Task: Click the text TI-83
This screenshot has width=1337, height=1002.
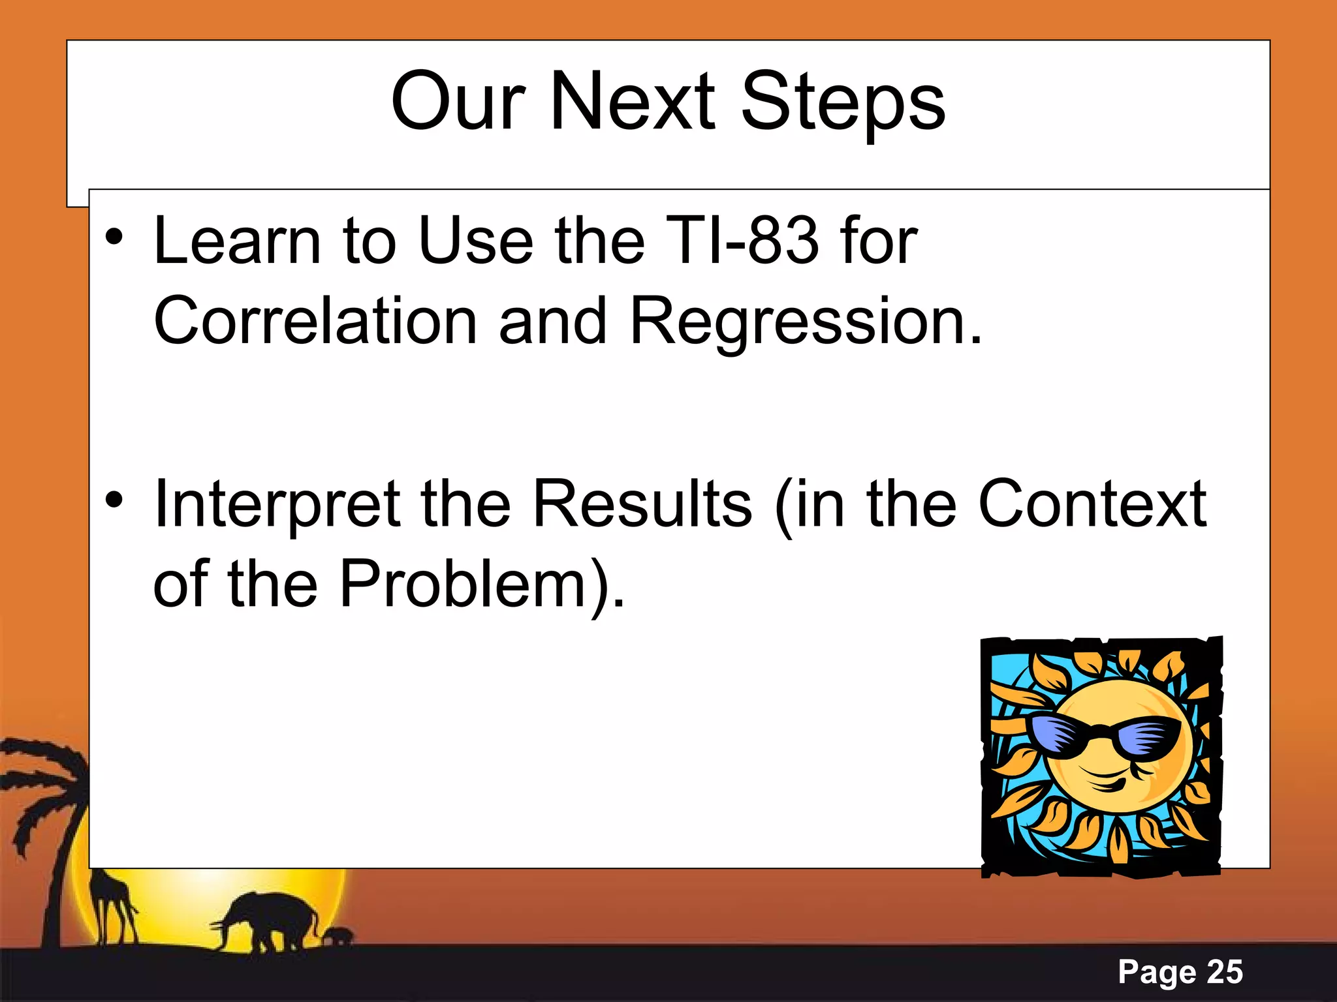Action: click(x=742, y=241)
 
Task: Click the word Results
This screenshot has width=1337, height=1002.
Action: click(x=642, y=504)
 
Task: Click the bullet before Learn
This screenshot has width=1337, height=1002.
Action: click(x=114, y=237)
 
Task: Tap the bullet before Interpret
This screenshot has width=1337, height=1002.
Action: click(x=114, y=500)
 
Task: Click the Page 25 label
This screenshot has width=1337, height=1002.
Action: click(x=1180, y=972)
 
